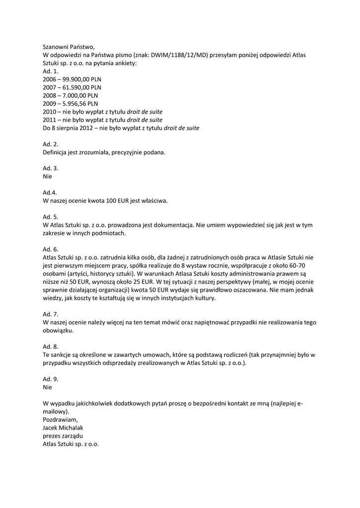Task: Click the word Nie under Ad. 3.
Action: (47, 176)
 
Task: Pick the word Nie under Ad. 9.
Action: (47, 387)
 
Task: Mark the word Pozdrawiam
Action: (61, 420)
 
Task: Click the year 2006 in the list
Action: (50, 79)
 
